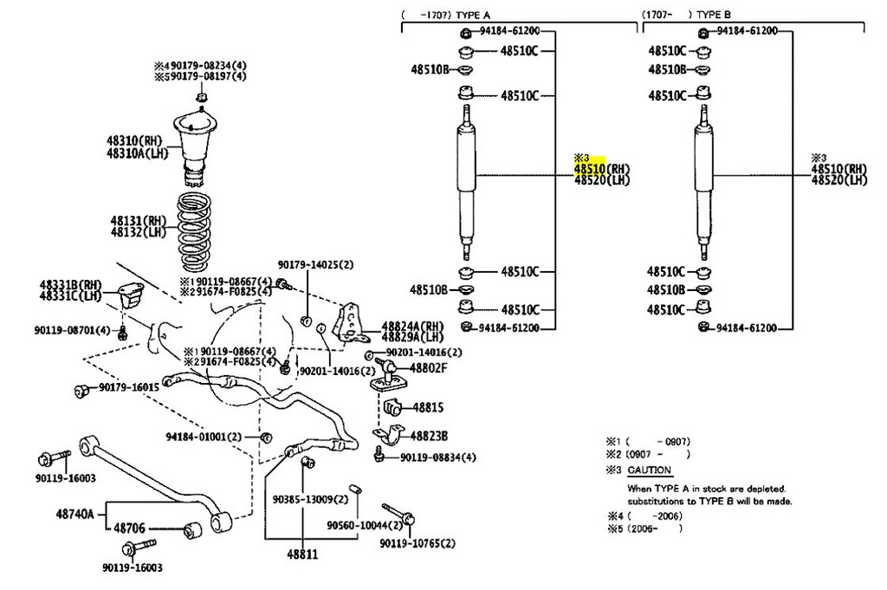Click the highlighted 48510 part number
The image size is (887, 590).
point(588,169)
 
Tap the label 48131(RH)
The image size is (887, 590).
point(138,221)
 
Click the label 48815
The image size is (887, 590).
point(427,406)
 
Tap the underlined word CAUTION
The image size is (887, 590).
point(649,470)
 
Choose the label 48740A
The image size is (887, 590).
point(75,513)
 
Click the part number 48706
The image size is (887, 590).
point(130,526)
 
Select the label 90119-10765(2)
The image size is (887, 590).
point(417,543)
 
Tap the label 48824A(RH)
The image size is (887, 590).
point(412,325)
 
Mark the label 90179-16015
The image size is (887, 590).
point(128,387)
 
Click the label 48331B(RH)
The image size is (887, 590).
point(70,284)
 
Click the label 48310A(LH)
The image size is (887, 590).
point(138,153)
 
